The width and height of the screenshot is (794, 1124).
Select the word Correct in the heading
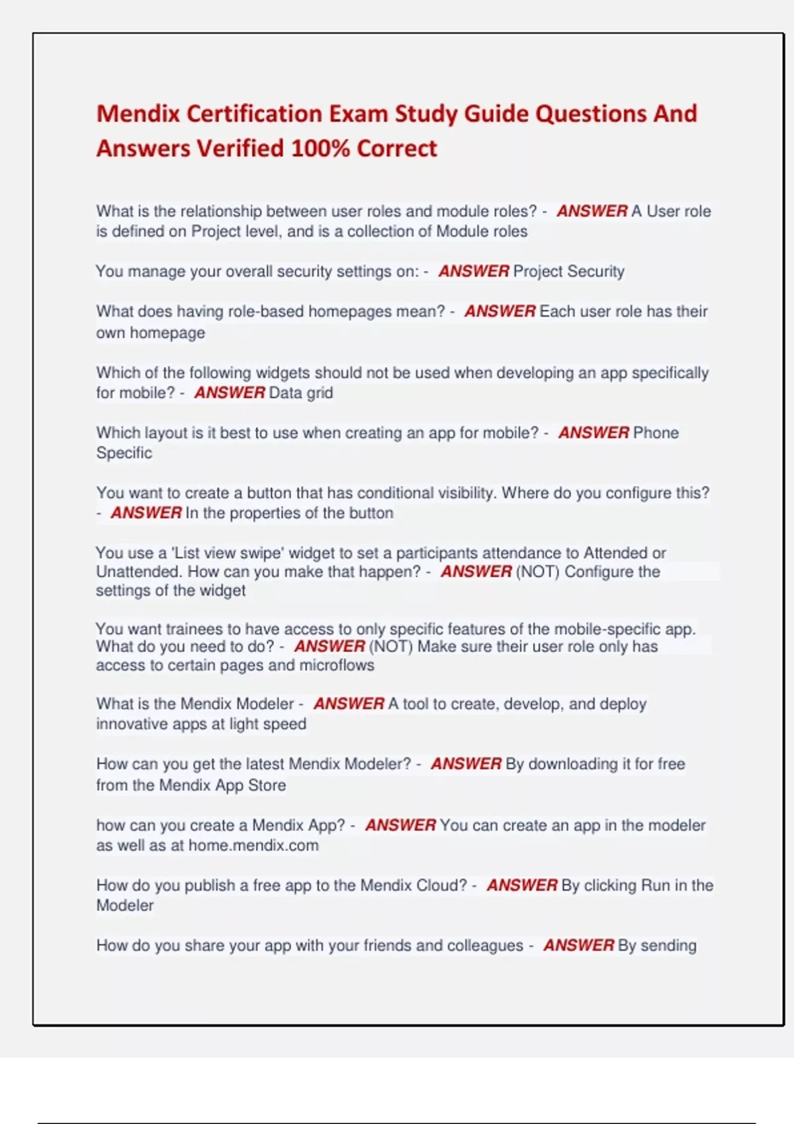[397, 148]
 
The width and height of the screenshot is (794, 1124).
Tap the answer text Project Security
[568, 271]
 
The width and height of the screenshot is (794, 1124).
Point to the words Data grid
[300, 393]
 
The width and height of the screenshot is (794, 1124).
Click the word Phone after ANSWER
[656, 432]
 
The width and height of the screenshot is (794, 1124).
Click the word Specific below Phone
[124, 453]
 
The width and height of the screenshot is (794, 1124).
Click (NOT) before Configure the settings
[537, 571]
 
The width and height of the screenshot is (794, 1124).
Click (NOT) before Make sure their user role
[390, 646]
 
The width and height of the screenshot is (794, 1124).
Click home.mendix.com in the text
[253, 845]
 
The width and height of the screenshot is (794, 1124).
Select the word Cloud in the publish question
[441, 885]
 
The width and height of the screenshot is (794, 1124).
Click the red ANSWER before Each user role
[500, 311]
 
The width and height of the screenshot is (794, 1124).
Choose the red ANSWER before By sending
[579, 945]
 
